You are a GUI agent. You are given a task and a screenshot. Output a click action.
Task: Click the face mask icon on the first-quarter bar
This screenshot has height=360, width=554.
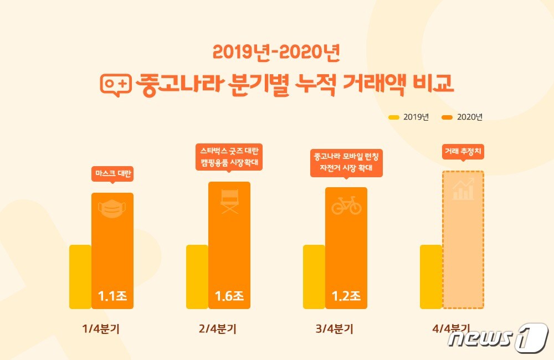coord(112,209)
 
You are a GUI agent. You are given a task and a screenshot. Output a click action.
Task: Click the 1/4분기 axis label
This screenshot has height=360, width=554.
coord(101,328)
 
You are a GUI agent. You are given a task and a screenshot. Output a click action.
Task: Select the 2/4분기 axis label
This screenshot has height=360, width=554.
coord(218,328)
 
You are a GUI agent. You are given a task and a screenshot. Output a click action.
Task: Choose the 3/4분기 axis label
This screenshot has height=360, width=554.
coord(335,328)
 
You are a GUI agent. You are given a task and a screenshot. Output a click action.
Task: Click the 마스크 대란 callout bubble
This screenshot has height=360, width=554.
coord(112,174)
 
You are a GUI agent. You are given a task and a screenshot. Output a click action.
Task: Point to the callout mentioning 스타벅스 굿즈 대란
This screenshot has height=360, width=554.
coord(229,157)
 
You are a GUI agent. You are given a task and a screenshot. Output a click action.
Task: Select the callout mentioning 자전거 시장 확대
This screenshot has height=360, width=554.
coord(346,162)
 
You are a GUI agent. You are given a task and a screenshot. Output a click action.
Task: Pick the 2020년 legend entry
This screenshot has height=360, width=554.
coord(463,117)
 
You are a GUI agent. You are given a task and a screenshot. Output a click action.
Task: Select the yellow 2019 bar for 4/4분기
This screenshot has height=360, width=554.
coord(431,276)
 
